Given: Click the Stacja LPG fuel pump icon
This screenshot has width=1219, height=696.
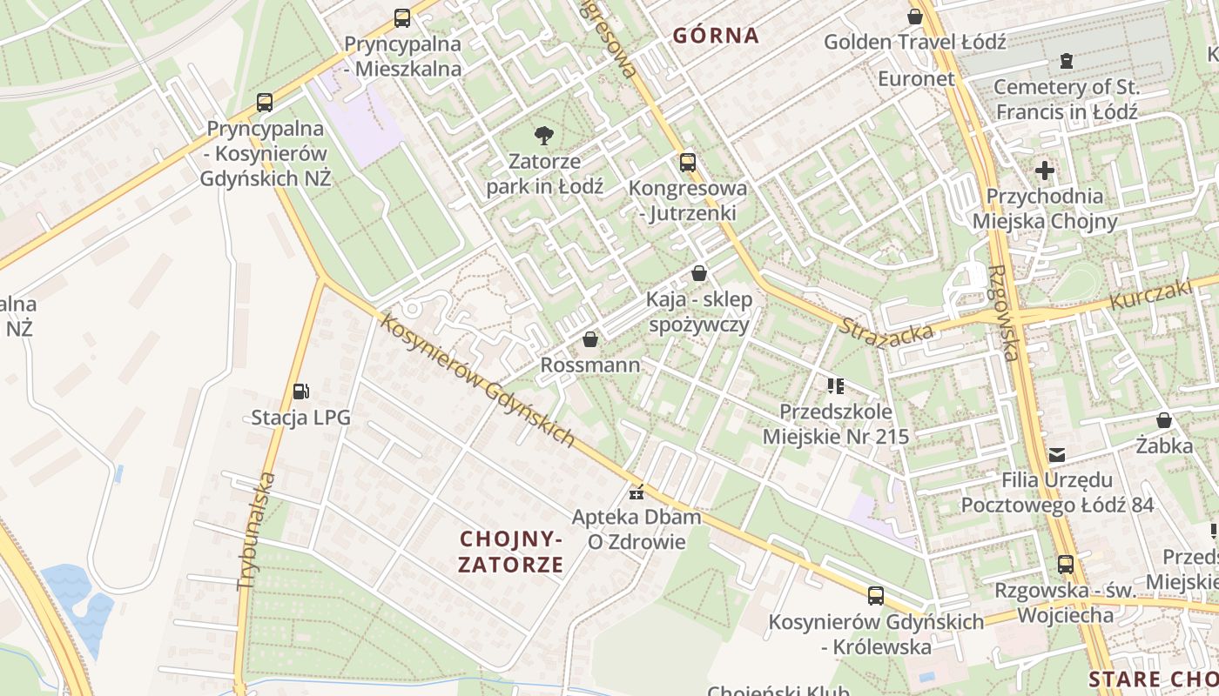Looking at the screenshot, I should [x=300, y=391].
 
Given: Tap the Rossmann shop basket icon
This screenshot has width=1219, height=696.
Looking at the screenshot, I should [x=590, y=339].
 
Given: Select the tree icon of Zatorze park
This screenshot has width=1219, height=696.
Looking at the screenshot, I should [x=544, y=135].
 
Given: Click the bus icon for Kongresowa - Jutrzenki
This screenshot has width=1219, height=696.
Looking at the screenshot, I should [x=687, y=162].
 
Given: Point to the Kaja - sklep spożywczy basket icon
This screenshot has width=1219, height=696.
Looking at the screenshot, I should [x=698, y=273].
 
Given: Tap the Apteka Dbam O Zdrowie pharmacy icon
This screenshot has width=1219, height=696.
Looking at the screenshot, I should [x=636, y=492].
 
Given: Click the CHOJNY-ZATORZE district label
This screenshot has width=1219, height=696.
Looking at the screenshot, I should [x=511, y=552].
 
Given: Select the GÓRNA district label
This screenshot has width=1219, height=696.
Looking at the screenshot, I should [x=716, y=36].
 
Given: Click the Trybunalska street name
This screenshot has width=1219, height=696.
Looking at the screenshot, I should [x=253, y=532].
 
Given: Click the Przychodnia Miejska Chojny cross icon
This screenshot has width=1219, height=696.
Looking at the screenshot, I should [x=1044, y=171].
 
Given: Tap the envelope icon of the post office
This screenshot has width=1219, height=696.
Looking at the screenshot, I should [x=1057, y=454].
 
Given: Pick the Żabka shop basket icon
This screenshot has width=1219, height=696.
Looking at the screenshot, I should [x=1164, y=421].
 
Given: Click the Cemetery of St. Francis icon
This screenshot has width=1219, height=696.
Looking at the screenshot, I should [x=1066, y=61].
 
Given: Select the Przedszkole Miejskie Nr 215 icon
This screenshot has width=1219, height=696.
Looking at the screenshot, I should [x=836, y=385].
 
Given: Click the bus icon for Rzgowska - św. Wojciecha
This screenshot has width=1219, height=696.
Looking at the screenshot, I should [x=1065, y=564].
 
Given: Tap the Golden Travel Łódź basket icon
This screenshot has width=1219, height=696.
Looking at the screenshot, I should [x=915, y=16].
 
